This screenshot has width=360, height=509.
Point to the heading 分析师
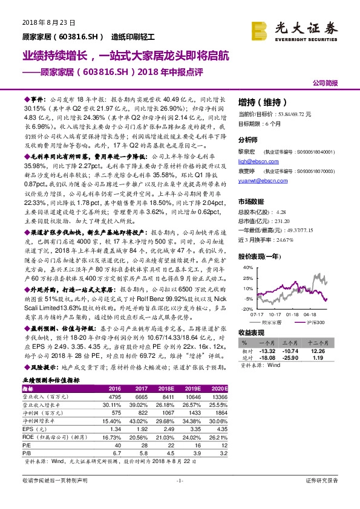coord(248,138)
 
